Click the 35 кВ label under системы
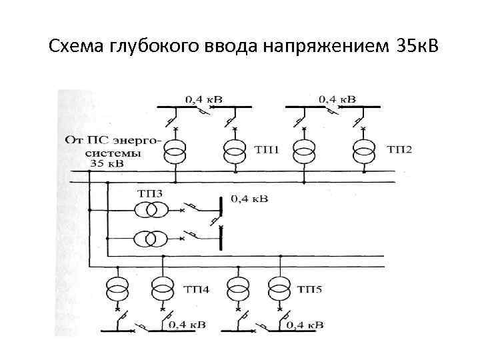click(x=107, y=162)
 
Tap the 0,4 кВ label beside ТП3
click(x=249, y=199)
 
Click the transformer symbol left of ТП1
click(x=234, y=151)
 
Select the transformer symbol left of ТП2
click(x=363, y=151)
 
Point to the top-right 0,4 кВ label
click(x=336, y=99)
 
